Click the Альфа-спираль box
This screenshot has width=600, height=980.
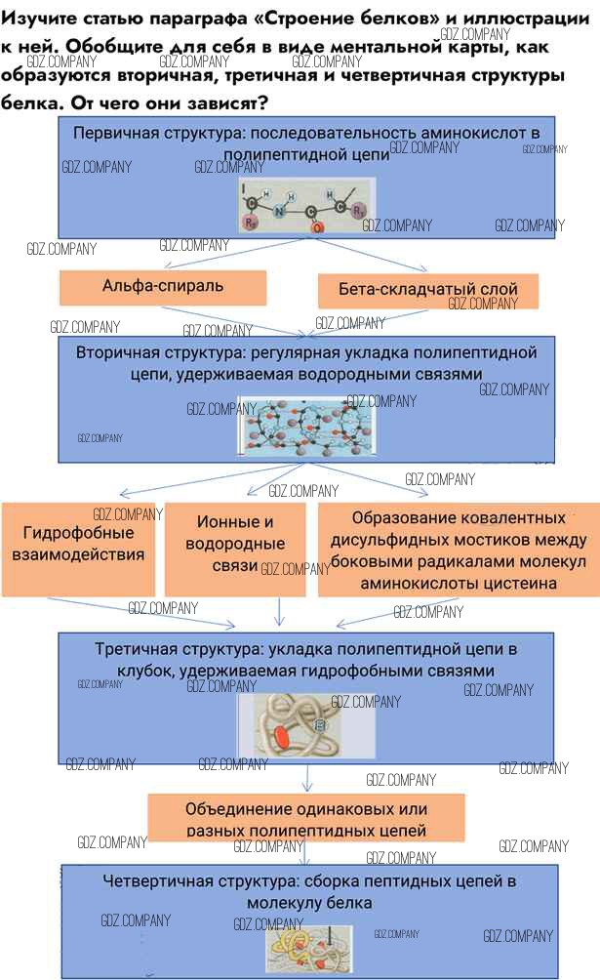[x=163, y=287]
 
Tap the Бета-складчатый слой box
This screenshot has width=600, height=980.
[x=428, y=290]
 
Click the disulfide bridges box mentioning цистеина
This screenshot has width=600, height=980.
[x=459, y=549]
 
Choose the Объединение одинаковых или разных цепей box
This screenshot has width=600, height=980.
[x=306, y=819]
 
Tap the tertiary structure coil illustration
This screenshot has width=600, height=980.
[x=304, y=726]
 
